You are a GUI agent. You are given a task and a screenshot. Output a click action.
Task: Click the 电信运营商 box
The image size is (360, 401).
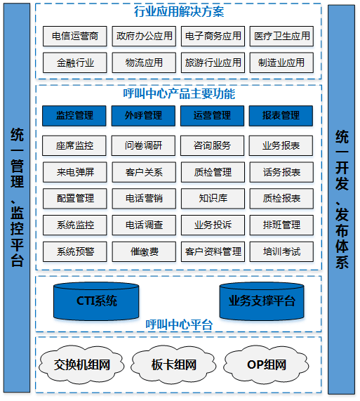(x=75, y=36)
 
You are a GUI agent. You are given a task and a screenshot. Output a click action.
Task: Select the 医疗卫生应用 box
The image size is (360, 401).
(x=281, y=36)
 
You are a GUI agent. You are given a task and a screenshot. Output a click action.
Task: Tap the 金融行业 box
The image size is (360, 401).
(x=75, y=63)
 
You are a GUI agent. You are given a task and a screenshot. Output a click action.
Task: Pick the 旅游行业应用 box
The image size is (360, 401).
(x=213, y=63)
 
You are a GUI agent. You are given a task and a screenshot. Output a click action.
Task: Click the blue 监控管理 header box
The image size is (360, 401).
(x=74, y=116)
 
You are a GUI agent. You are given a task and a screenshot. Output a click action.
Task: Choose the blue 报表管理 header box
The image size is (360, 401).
(x=281, y=116)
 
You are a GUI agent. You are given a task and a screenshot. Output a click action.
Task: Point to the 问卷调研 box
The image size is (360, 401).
(x=143, y=145)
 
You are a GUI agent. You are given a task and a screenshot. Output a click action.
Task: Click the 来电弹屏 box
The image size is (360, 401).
(x=75, y=172)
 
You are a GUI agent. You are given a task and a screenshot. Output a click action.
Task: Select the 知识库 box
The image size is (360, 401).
(x=213, y=199)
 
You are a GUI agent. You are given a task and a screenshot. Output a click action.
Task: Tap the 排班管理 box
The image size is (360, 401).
(x=281, y=225)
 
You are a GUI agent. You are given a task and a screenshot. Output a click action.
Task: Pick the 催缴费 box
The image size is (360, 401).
(x=144, y=251)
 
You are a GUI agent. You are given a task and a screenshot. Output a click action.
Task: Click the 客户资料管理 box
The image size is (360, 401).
(x=213, y=251)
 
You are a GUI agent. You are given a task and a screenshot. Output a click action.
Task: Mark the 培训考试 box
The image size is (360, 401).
(x=281, y=251)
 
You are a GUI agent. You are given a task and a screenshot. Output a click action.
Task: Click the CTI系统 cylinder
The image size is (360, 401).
(x=96, y=301)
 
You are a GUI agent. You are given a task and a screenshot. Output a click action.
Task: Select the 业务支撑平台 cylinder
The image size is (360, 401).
(x=262, y=301)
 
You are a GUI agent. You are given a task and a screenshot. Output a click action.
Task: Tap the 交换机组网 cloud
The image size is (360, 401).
(x=81, y=364)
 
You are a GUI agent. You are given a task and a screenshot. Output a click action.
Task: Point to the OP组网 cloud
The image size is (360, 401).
(x=266, y=364)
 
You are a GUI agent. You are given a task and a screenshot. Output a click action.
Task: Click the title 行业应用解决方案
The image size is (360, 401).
(x=179, y=12)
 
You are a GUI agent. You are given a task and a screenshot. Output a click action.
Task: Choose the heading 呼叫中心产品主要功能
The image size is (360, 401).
(x=179, y=93)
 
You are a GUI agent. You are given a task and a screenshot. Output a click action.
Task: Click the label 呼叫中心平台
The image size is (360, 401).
(x=179, y=324)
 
